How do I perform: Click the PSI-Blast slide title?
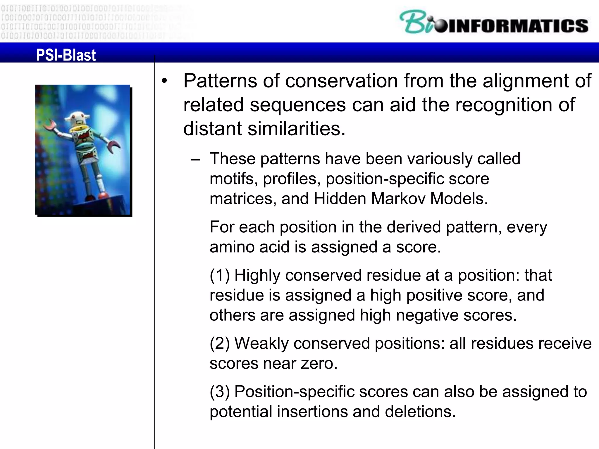tap(66, 55)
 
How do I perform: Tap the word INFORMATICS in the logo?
tap(518, 26)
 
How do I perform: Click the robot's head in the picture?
tap(75, 118)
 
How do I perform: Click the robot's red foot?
tap(103, 195)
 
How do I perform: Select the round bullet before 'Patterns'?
tap(165, 81)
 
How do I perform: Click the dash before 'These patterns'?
tap(195, 160)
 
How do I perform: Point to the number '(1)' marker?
tap(220, 275)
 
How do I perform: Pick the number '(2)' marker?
tap(220, 343)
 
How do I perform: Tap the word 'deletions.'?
tap(420, 412)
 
